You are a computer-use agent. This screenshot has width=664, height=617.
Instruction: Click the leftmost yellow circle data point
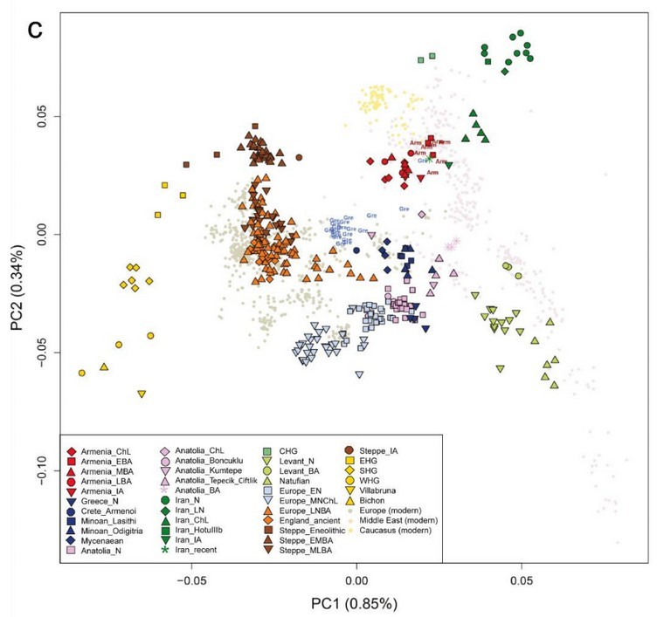(82, 373)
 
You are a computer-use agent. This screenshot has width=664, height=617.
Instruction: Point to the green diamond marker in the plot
(505, 71)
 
